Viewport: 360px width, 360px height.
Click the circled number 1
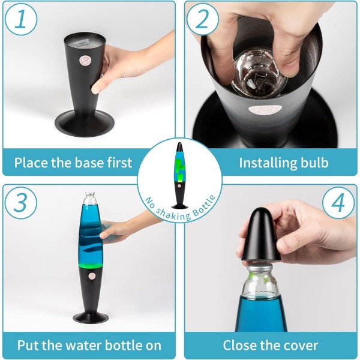point(21,19)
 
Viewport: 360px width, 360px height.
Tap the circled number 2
point(203,19)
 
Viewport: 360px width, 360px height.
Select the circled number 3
point(21,203)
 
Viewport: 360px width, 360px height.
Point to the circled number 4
point(338,203)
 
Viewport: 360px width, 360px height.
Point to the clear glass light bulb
point(260,73)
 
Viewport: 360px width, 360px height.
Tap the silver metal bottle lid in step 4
point(259,267)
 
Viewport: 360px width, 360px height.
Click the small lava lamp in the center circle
point(180,175)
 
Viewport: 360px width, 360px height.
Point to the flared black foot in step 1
point(85,123)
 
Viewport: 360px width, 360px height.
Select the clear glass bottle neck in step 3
point(91,199)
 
